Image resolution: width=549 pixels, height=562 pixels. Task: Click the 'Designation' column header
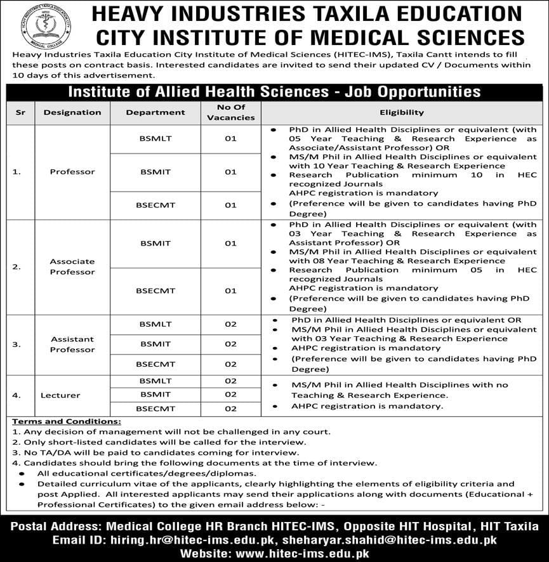pyautogui.click(x=72, y=112)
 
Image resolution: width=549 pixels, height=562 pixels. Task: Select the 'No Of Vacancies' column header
pyautogui.click(x=230, y=112)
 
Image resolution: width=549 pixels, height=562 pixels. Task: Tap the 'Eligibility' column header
pyautogui.click(x=402, y=112)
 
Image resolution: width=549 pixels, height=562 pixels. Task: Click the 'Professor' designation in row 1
pyautogui.click(x=72, y=172)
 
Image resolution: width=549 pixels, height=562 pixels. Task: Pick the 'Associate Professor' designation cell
pyautogui.click(x=72, y=266)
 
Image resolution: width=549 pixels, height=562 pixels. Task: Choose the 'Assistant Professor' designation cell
pyautogui.click(x=72, y=344)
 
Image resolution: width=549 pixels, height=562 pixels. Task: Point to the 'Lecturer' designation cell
pyautogui.click(x=60, y=395)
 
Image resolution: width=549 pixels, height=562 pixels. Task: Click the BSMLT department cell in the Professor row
pyautogui.click(x=155, y=138)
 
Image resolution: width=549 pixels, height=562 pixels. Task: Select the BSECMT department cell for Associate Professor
pyautogui.click(x=155, y=291)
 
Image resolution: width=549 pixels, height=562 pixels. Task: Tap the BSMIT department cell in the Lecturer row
pyautogui.click(x=155, y=395)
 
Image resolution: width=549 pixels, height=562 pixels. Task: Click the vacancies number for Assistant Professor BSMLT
pyautogui.click(x=230, y=323)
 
